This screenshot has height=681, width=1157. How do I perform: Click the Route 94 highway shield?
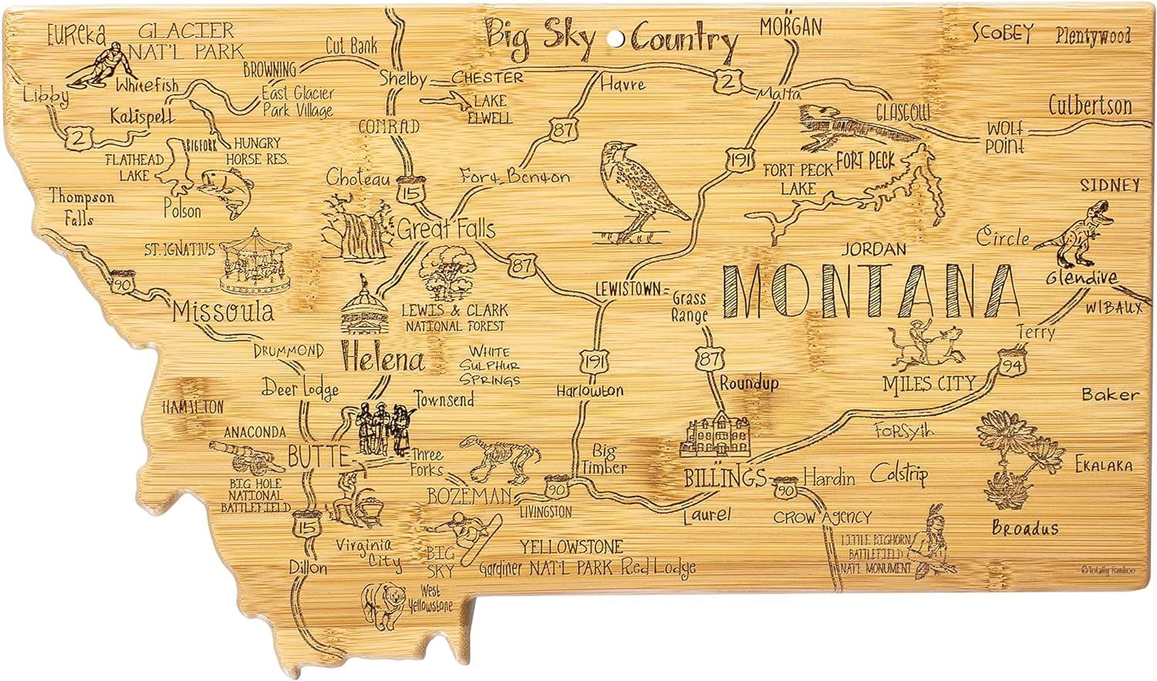[x=1010, y=362]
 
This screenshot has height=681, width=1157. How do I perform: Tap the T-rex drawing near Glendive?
[x=1074, y=229]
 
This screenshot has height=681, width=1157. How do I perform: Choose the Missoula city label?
[x=223, y=312]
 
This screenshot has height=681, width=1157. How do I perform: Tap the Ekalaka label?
[x=1104, y=465]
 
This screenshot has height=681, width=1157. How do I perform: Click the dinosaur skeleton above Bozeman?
[x=494, y=458]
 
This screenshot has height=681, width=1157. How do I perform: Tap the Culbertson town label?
[x=1090, y=106]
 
